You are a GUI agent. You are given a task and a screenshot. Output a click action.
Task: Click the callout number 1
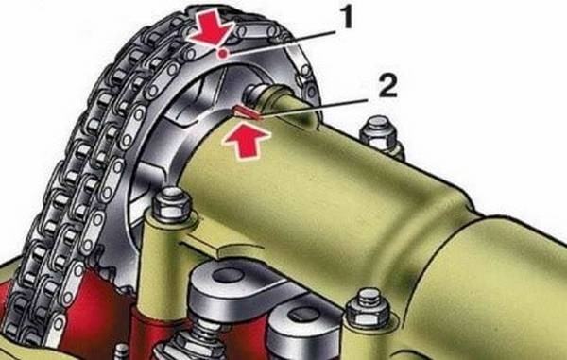click(x=347, y=19)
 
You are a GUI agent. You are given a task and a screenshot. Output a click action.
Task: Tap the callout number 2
click(x=387, y=86)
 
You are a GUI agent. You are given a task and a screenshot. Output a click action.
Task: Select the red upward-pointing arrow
click(x=247, y=143)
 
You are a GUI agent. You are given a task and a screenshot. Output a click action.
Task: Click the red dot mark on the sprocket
click(x=223, y=54)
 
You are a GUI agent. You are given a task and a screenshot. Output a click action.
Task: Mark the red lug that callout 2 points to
click(x=247, y=111)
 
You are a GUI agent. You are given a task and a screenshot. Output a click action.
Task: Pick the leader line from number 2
click(x=318, y=108)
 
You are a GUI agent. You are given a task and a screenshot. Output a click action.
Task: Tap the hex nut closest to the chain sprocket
click(x=171, y=204)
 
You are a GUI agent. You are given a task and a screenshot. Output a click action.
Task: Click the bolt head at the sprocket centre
click(x=253, y=93)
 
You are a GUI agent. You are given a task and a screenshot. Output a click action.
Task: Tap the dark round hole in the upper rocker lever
click(x=228, y=275)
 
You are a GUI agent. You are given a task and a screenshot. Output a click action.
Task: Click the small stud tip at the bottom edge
click(x=122, y=351)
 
